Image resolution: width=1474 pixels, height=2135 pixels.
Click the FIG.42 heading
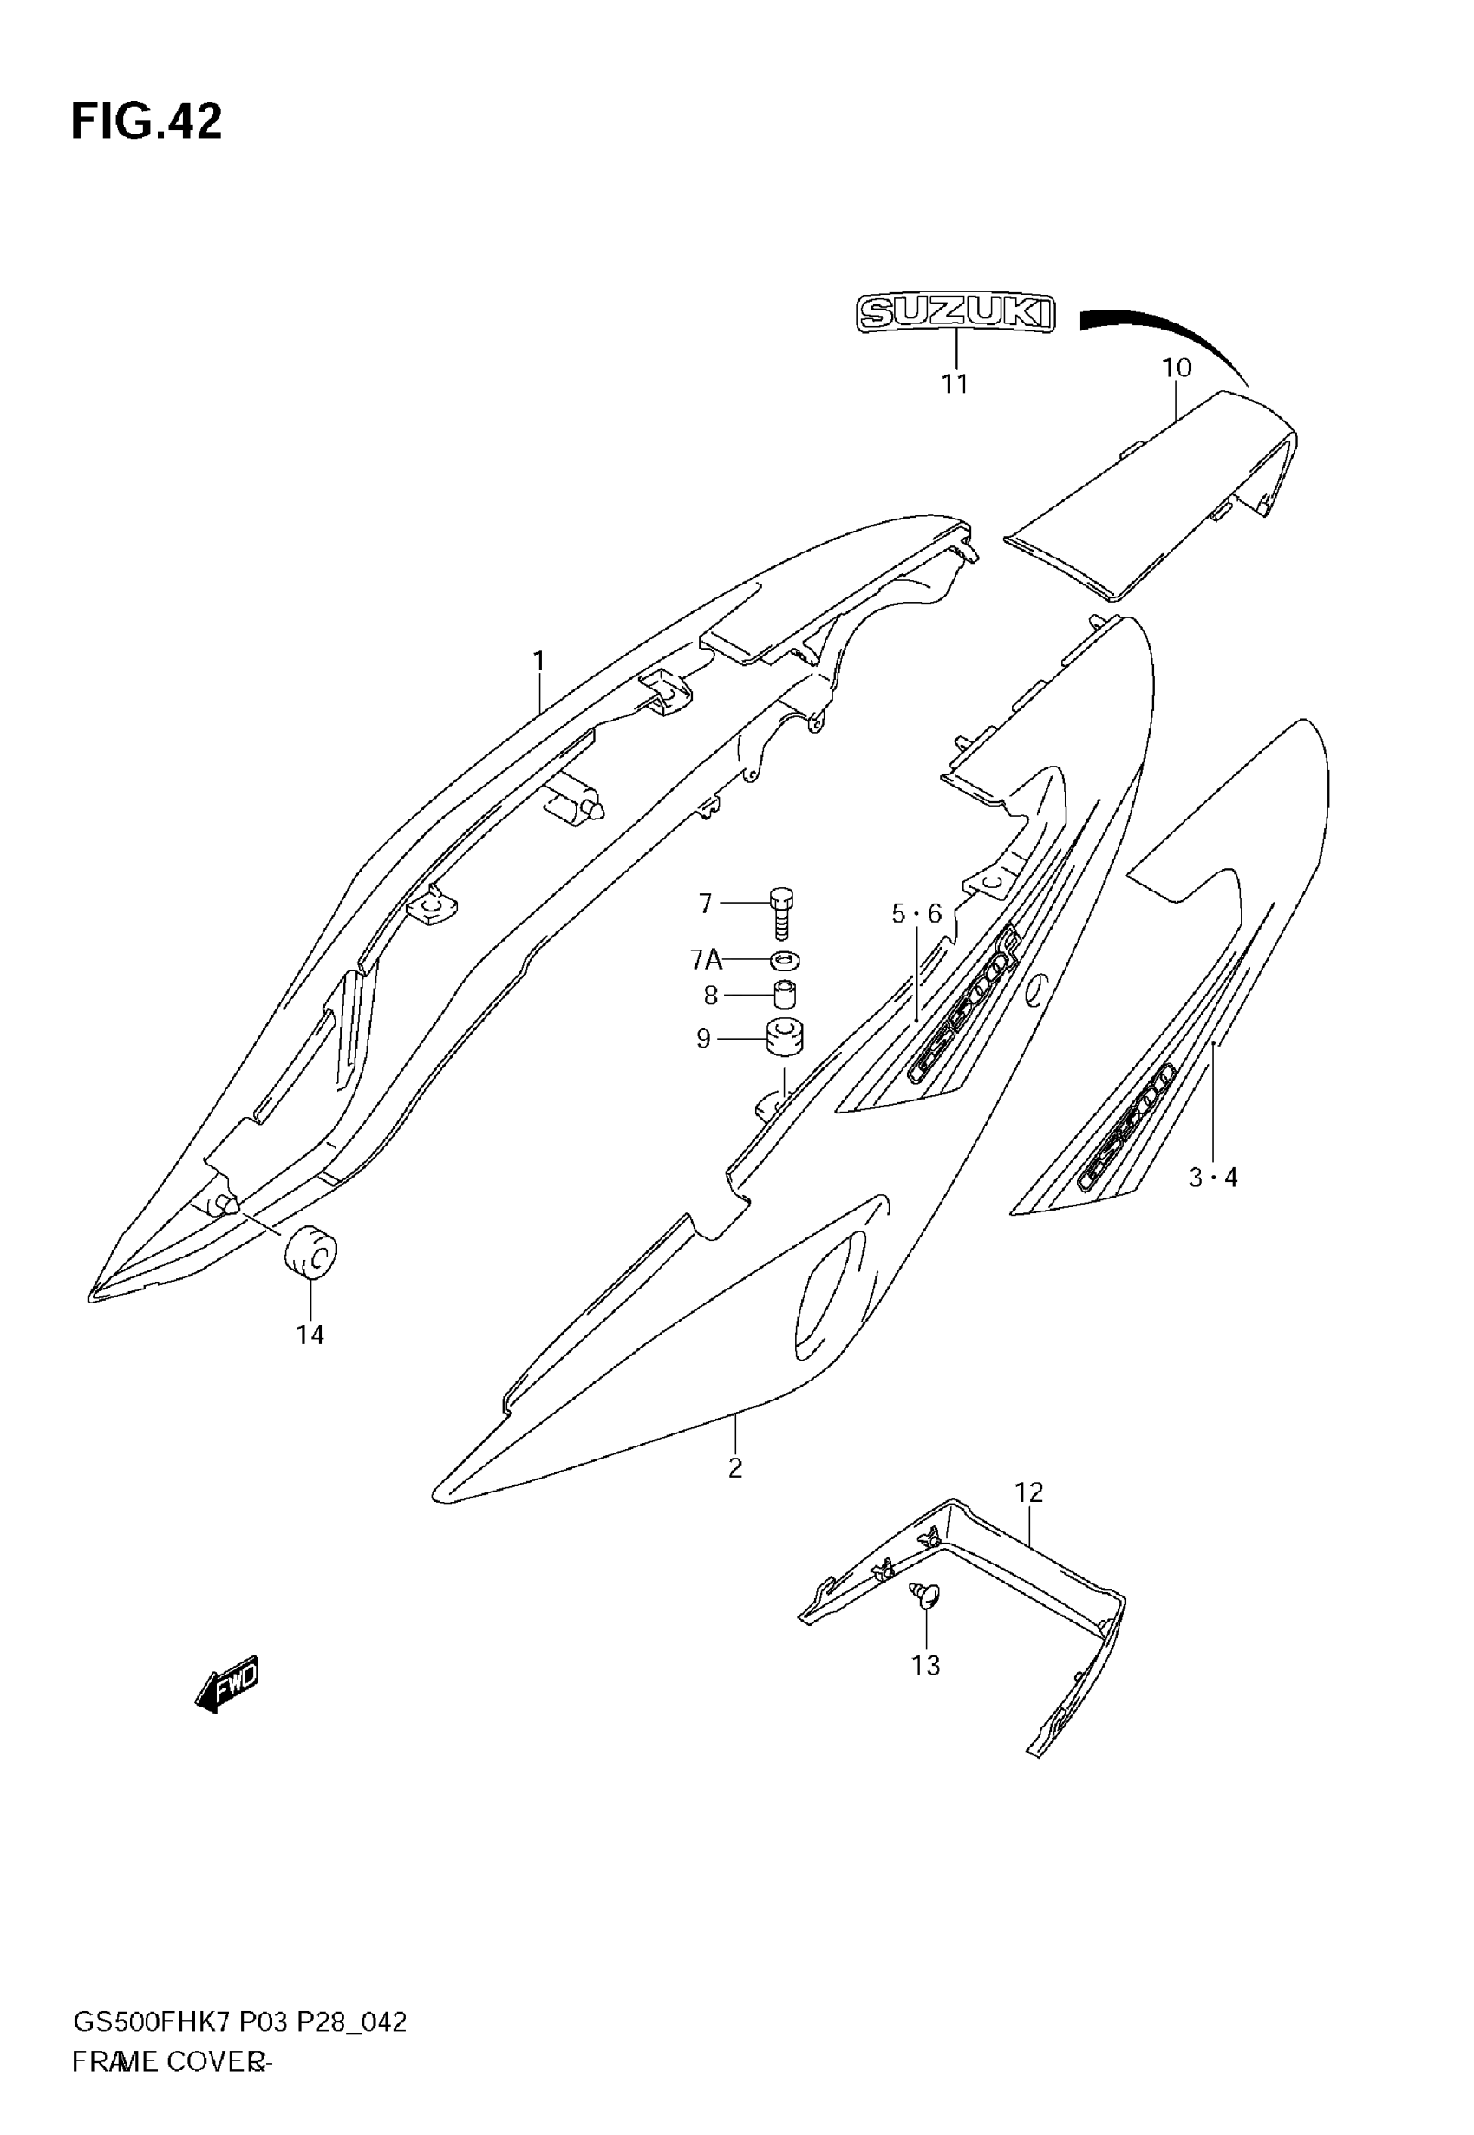(146, 122)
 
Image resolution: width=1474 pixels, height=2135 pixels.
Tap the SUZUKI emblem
(955, 313)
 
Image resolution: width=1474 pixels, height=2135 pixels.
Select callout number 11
(955, 384)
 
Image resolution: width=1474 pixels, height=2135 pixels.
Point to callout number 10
(1177, 368)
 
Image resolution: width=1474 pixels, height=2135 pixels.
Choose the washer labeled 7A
(783, 960)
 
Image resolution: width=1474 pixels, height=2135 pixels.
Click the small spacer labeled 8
(784, 996)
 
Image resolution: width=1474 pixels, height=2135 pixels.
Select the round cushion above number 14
(311, 1254)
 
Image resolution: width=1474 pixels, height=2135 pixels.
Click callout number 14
(310, 1335)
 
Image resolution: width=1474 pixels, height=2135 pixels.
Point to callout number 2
(735, 1467)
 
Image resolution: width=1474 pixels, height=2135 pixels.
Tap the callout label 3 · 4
(1213, 1178)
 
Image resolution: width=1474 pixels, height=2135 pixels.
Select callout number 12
(1028, 1492)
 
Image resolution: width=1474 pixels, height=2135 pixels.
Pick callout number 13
(925, 1665)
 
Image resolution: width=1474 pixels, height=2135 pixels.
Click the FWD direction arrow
(227, 1685)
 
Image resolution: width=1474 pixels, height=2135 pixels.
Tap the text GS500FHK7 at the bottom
(152, 2023)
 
